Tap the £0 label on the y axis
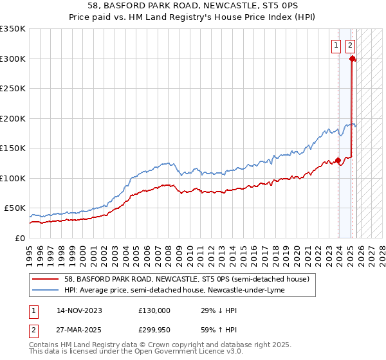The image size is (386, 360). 20,238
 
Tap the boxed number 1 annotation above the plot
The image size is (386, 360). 336,45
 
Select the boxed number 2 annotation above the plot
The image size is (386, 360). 350,45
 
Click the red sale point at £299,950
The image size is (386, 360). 353,59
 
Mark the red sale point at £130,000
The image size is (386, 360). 338,160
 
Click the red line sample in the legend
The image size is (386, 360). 46,279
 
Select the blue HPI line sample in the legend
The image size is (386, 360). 46,290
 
